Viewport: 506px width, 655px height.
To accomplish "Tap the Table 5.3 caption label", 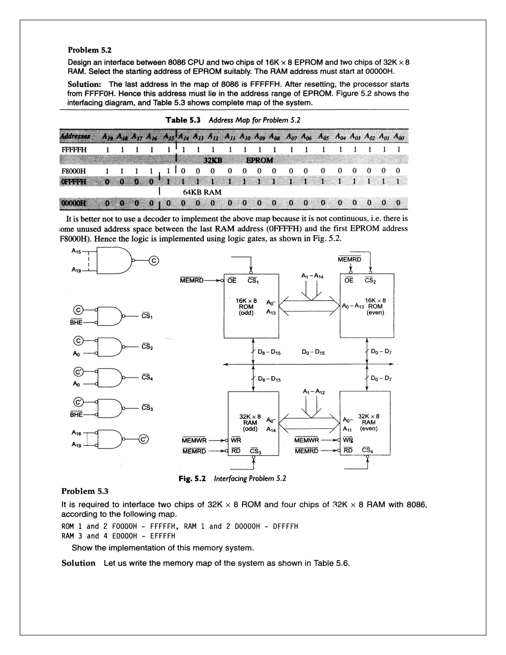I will click(183, 120).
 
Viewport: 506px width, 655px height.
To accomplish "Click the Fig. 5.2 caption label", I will click(192, 478).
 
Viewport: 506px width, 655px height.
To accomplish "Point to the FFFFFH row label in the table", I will click(74, 150).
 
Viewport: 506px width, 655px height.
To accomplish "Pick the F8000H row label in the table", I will click(73, 171).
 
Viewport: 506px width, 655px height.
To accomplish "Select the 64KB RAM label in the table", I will click(202, 192).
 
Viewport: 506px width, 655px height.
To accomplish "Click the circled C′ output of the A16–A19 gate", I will click(144, 439).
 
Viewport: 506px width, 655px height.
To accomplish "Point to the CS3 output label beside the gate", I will click(147, 408).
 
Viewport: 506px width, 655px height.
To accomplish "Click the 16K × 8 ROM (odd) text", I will click(246, 306).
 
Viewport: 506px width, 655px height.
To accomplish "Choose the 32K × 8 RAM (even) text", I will click(368, 422).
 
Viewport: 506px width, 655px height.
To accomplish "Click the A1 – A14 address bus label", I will click(312, 276).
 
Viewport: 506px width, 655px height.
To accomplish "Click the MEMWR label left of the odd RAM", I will click(194, 440).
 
